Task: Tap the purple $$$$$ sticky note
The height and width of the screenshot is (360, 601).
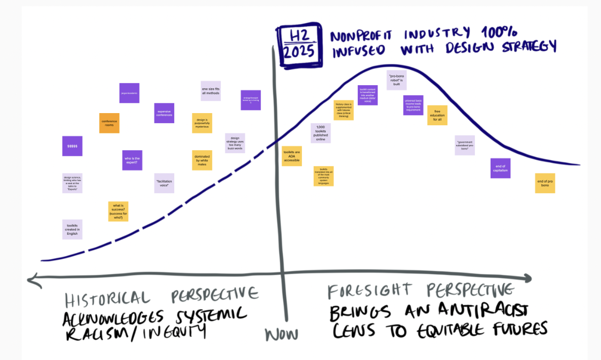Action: coord(72,146)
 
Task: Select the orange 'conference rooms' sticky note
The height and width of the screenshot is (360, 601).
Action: coord(109,123)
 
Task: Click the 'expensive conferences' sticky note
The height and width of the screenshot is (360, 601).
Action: coord(164,113)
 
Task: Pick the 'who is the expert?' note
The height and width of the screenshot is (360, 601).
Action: coord(132,160)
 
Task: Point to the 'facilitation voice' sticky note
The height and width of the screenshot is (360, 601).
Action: coord(164,184)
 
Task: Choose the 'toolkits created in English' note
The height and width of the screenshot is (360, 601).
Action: coord(72,229)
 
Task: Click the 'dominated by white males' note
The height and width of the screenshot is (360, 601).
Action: coord(202,160)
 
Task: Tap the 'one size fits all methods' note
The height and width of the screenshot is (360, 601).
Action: coord(211,91)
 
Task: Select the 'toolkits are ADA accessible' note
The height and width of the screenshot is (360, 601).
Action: coord(292,156)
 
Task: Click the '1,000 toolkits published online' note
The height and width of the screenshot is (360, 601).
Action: coord(321,133)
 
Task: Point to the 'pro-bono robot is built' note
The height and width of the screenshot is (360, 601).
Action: coord(397,80)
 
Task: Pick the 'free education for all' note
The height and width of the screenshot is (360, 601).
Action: coord(437,116)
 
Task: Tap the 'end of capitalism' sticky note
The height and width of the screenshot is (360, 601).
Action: coord(500,168)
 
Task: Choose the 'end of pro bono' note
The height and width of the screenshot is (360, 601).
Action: coord(545,183)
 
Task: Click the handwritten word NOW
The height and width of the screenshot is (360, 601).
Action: coord(282,335)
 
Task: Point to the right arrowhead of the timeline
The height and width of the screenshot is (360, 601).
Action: coord(528,278)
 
